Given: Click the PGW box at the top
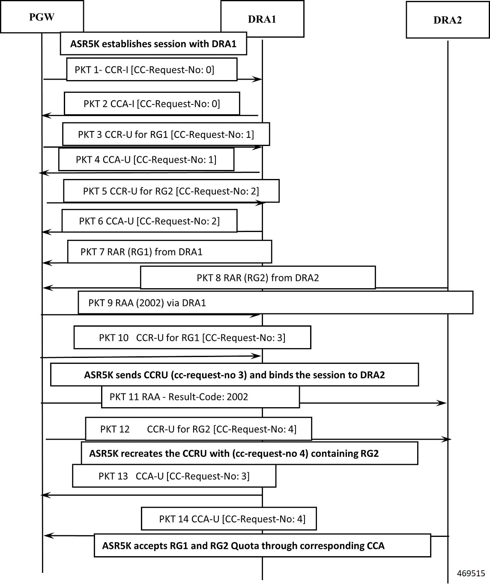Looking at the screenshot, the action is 42,17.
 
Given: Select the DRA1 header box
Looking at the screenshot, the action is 262,19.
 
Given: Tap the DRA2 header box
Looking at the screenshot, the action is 448,20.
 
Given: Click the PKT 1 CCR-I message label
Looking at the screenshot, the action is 144,70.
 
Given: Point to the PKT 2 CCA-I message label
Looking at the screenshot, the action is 152,104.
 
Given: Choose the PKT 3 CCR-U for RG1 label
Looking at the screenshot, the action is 166,134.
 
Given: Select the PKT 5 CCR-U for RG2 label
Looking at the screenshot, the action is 171,191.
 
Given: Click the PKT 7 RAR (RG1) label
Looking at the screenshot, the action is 141,252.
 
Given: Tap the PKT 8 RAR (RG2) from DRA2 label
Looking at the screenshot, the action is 258,278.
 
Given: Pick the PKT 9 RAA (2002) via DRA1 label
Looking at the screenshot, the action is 147,303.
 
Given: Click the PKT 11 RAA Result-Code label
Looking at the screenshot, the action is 179,396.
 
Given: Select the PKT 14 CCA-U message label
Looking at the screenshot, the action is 232,519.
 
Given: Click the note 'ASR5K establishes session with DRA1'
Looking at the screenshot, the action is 153,44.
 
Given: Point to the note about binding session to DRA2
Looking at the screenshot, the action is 234,375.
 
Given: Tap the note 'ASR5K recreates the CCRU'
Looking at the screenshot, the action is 249,453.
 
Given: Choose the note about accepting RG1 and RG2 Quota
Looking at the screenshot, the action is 262,545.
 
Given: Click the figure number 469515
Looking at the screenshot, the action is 471,573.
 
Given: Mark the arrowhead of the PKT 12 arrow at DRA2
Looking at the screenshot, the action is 447,439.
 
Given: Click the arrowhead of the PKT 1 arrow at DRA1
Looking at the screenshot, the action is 257,79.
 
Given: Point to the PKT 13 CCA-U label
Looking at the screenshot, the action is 174,476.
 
